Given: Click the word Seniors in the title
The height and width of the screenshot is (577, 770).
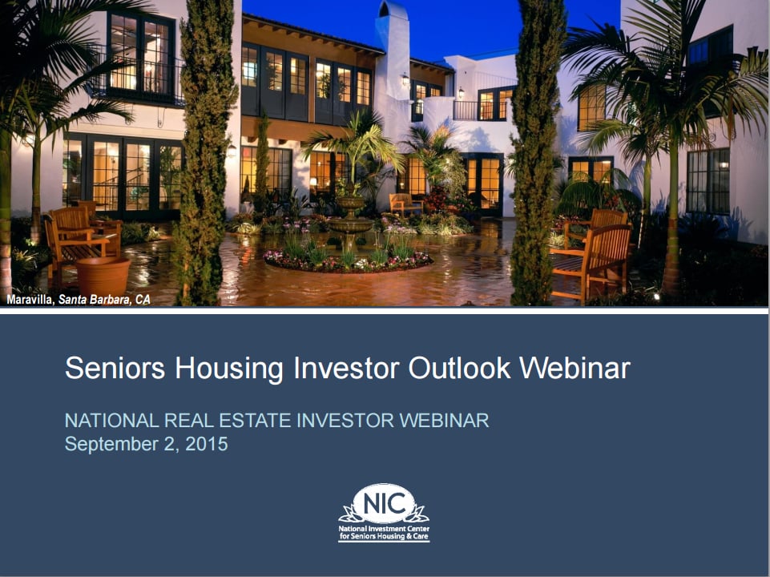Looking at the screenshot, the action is [115, 368].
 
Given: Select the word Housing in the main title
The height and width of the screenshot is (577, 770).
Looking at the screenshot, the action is [229, 369].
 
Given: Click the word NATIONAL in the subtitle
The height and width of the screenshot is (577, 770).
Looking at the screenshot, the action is [112, 421].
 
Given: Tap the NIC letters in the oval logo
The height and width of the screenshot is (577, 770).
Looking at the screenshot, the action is [384, 503].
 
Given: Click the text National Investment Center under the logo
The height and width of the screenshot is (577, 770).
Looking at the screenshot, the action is [384, 529].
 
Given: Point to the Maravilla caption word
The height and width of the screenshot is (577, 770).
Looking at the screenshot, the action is [30, 300].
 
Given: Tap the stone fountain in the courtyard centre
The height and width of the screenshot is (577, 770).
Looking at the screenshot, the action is [350, 220].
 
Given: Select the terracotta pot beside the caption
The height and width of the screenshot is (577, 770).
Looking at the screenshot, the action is [103, 276].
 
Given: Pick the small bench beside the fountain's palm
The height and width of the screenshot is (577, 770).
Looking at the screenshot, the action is [405, 204].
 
